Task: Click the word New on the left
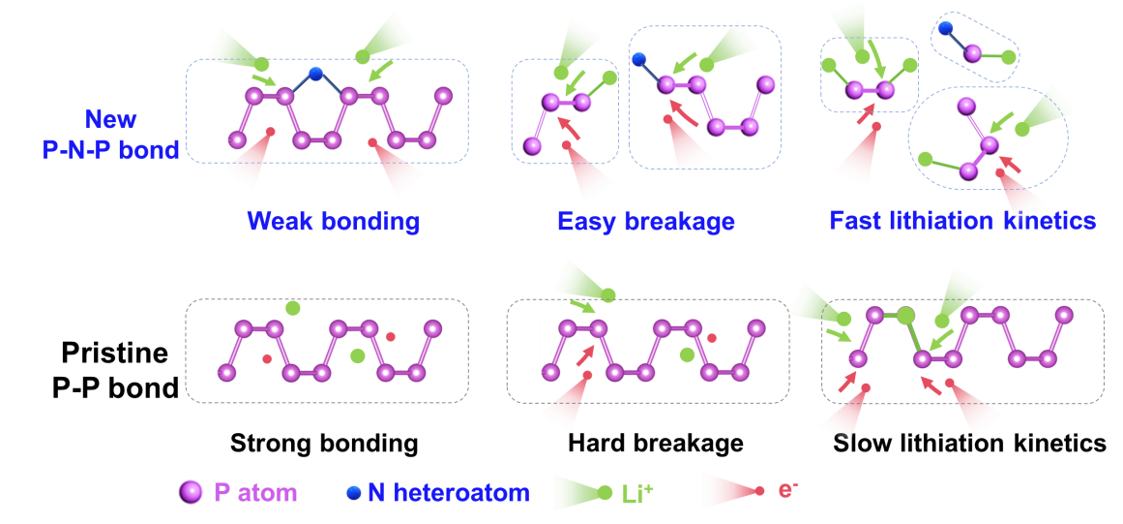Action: tap(110, 119)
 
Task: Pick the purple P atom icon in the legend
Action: tap(192, 492)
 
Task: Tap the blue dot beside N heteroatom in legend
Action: tap(353, 493)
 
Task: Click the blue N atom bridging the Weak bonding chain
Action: tap(315, 73)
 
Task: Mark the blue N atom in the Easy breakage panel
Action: tap(639, 60)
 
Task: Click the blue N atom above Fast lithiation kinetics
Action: tap(945, 29)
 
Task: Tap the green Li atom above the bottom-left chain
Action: tap(293, 308)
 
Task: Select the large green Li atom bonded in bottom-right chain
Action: tap(905, 315)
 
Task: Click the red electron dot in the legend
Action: tap(759, 491)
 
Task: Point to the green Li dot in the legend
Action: tap(606, 493)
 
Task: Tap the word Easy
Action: tap(586, 222)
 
